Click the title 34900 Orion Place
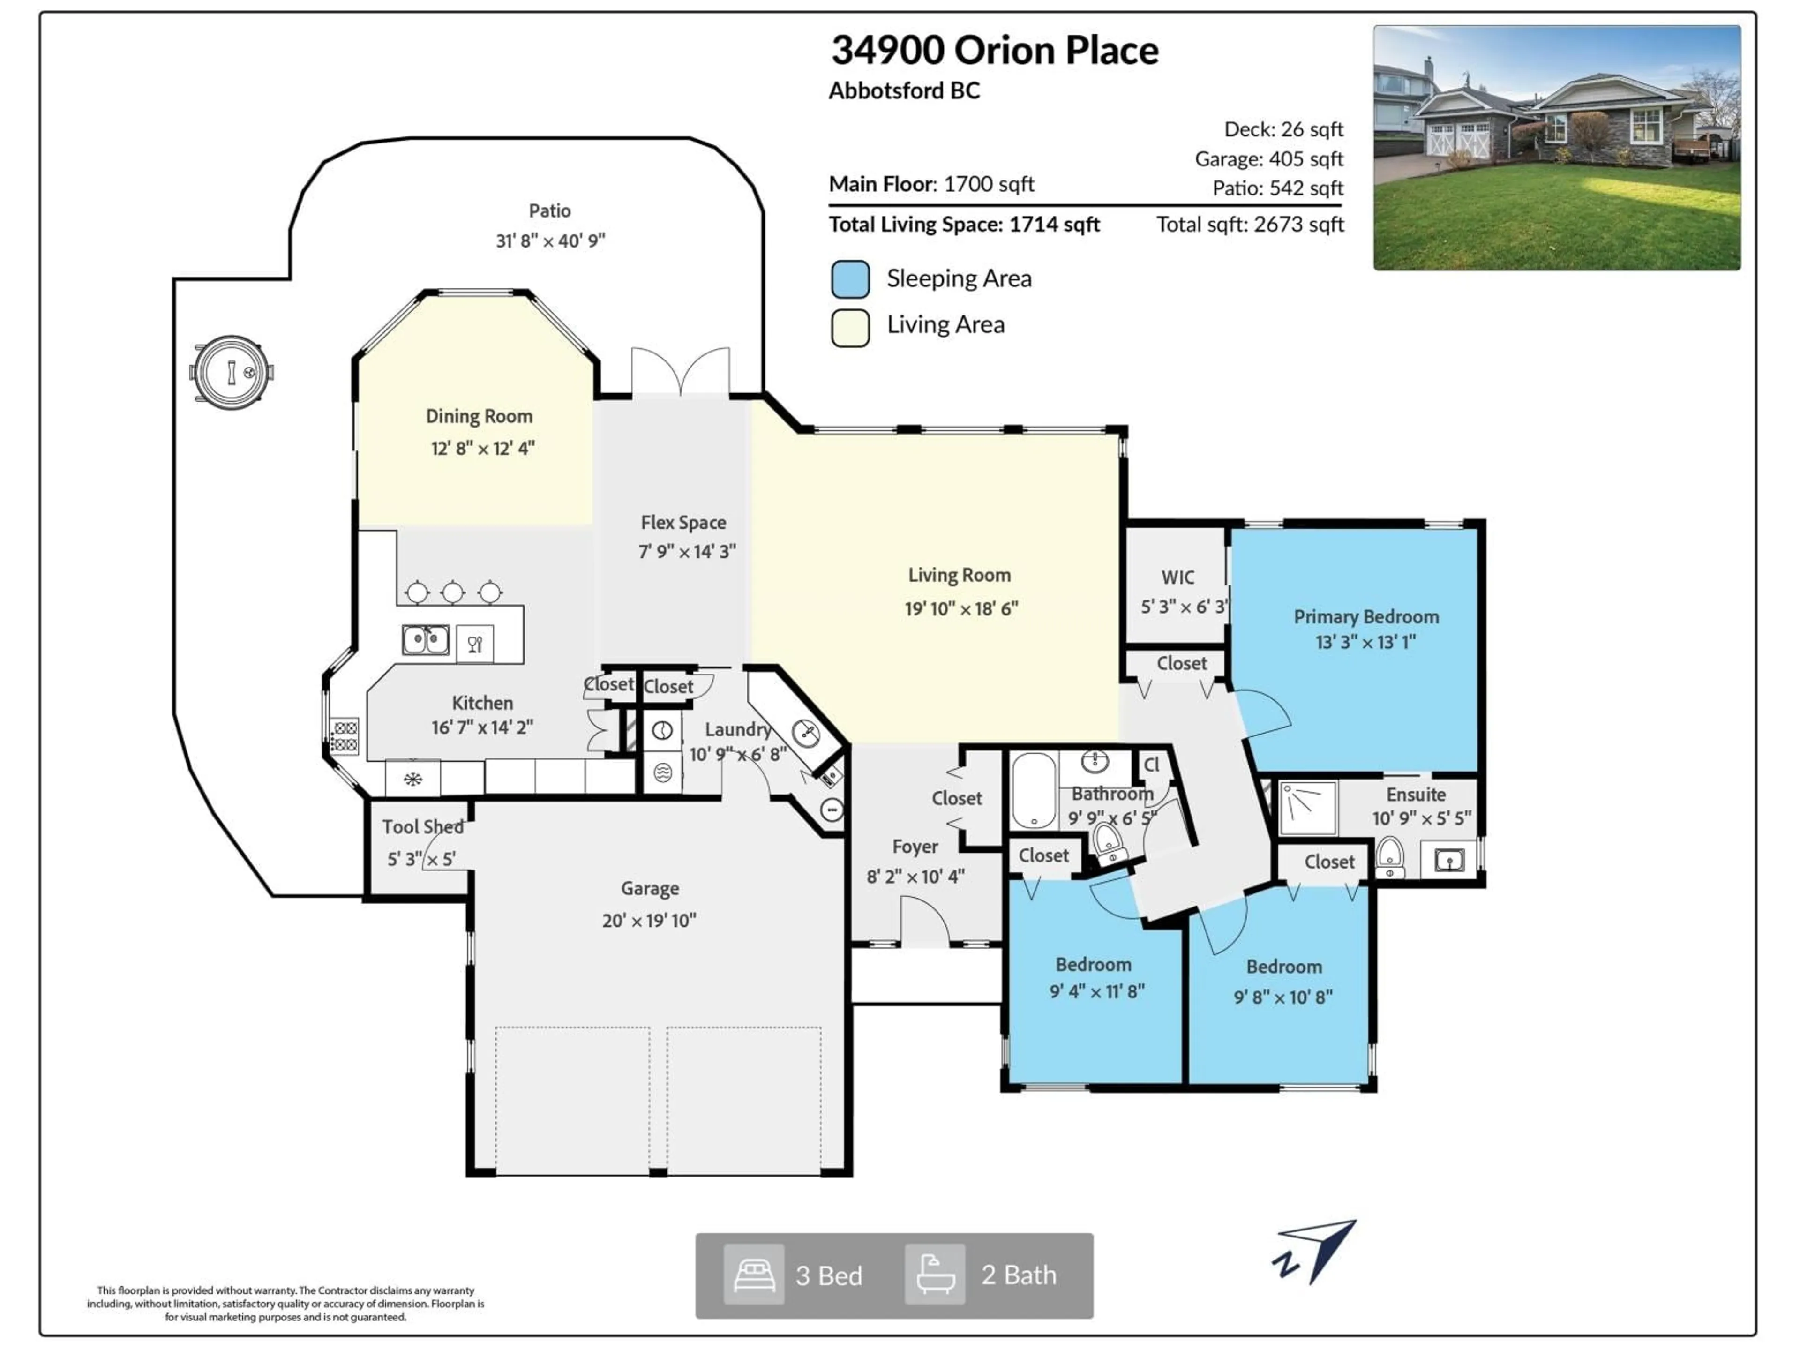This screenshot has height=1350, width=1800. click(994, 51)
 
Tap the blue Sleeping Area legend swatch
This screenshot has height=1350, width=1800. click(850, 279)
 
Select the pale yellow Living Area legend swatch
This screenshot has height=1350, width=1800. click(850, 327)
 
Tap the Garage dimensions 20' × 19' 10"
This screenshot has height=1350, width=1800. click(649, 920)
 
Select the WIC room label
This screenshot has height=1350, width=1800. click(1177, 578)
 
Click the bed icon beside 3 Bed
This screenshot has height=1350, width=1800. click(754, 1275)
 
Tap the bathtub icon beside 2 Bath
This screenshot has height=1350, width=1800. click(935, 1275)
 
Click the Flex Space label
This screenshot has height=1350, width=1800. click(682, 523)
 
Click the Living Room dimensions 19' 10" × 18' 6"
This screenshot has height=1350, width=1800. click(961, 609)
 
